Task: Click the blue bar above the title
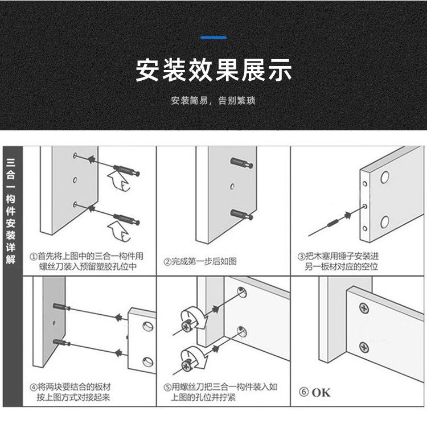213,38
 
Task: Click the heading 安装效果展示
213,69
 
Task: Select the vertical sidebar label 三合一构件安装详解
11,211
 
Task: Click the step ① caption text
87,261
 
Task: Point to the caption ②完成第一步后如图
200,262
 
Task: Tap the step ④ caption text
77,392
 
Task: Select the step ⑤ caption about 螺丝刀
224,392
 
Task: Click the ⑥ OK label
315,392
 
